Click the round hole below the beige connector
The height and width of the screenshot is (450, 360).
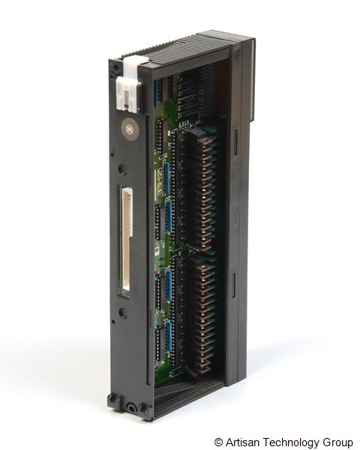(x=122, y=312)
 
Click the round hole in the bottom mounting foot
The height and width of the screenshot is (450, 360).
(x=133, y=408)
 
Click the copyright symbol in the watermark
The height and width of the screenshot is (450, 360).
(x=218, y=442)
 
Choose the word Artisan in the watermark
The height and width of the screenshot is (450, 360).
(x=241, y=442)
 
